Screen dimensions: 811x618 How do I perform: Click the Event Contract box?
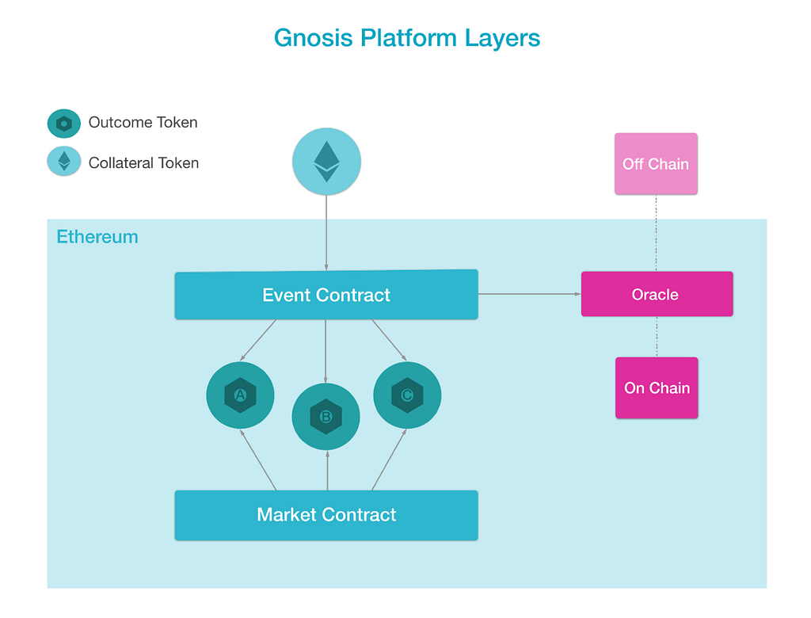[x=326, y=295]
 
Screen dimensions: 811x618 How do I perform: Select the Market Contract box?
[x=326, y=515]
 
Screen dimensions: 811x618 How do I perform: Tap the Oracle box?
[x=657, y=294]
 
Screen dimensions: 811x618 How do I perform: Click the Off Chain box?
[x=656, y=164]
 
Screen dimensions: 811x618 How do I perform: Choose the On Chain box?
[x=657, y=387]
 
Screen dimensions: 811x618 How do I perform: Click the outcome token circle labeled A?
[x=241, y=395]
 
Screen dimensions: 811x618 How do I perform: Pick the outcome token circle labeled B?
[x=326, y=417]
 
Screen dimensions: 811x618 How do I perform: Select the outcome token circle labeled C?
[x=407, y=395]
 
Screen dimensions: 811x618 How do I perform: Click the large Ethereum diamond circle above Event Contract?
[x=326, y=162]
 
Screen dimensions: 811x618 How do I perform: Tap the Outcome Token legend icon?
[x=64, y=123]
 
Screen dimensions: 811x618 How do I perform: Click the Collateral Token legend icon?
[x=64, y=162]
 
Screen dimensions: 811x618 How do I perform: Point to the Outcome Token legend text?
[x=143, y=122]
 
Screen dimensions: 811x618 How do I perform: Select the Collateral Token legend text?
[x=144, y=163]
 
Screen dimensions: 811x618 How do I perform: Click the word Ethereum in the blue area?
[x=97, y=237]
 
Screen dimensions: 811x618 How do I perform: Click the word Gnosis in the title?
[x=314, y=38]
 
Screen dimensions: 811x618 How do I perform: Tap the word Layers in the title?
[x=502, y=39]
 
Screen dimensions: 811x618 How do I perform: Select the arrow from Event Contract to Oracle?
[x=530, y=294]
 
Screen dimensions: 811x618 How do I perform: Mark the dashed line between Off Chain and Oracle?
[x=657, y=234]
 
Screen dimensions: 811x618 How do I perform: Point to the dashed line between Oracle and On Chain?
[x=657, y=337]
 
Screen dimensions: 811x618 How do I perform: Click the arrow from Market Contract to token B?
[x=327, y=471]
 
